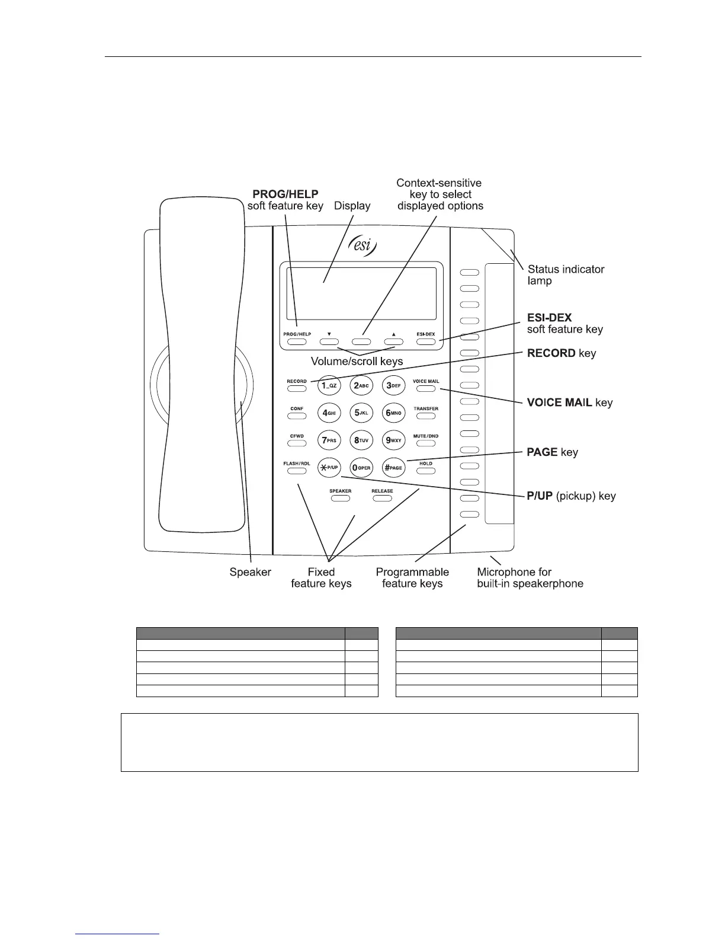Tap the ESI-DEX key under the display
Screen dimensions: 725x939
(425, 341)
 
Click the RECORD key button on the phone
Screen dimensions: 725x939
(297, 389)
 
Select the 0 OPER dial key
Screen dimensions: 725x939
(361, 467)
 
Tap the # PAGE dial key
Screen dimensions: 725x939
(393, 467)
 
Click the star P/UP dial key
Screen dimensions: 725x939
(329, 467)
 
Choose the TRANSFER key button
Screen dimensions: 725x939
(425, 416)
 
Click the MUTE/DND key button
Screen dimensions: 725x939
(425, 443)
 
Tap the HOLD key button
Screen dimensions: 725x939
(425, 471)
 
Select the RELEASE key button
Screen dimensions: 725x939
(382, 498)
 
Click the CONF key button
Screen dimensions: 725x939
(297, 416)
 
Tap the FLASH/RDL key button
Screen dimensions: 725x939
(297, 471)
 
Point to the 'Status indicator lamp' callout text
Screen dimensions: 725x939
(566, 275)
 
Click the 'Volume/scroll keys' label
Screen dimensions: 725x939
(357, 361)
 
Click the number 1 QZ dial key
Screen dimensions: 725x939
(329, 385)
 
